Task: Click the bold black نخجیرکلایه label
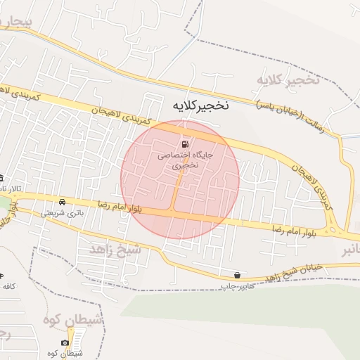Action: click(200, 105)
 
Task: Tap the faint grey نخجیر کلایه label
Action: click(288, 79)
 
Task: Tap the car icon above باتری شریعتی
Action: click(63, 201)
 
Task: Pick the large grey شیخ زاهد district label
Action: click(116, 250)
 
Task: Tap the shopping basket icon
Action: click(237, 275)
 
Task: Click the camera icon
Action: click(65, 342)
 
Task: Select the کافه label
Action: click(8, 287)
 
